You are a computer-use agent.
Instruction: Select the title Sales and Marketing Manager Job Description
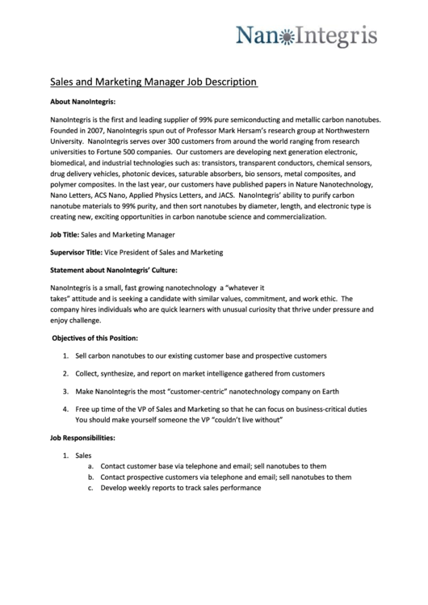153,82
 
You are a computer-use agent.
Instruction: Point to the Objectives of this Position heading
95,337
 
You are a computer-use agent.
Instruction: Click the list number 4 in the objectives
65,410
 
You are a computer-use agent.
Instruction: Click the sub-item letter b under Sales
90,477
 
